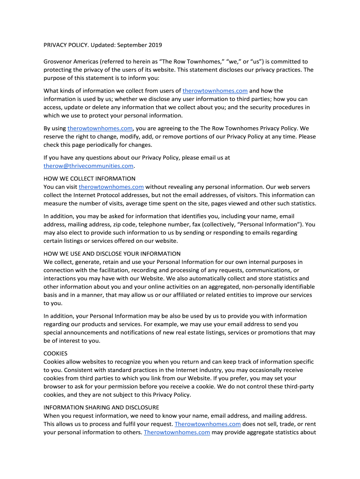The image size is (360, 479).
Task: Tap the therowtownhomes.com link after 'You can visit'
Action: coord(111,187)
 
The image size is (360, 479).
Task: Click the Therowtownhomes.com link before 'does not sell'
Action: coord(208,424)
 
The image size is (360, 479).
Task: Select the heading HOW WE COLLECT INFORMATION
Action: coord(89,178)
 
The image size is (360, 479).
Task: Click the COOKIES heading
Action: coord(56,354)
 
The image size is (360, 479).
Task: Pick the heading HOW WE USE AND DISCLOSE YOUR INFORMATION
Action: coord(112,254)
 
